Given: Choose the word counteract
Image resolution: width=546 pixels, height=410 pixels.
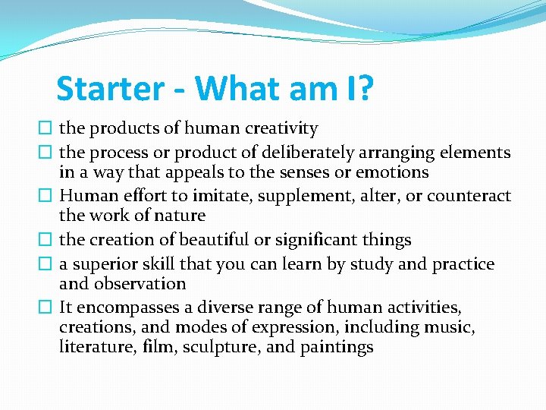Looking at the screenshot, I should (469, 197).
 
